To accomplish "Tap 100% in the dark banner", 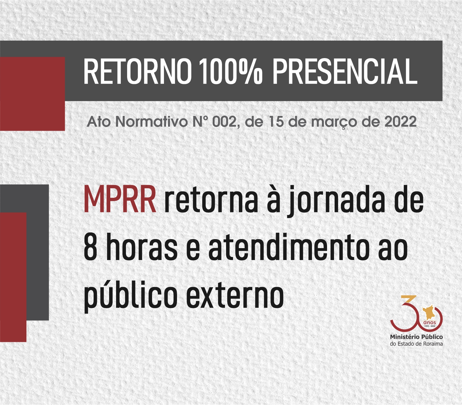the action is tap(231, 71).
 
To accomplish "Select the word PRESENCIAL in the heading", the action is tap(345, 71).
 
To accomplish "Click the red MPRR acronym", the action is tap(120, 200).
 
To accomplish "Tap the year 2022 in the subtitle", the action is tap(400, 122).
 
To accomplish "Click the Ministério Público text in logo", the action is tap(416, 337).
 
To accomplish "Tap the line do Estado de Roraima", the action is tap(416, 344).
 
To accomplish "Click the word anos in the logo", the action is tap(429, 322).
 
